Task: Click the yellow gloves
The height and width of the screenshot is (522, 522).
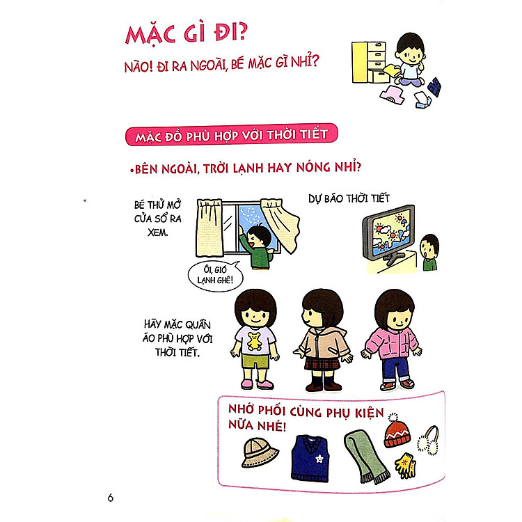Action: [x=405, y=460]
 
